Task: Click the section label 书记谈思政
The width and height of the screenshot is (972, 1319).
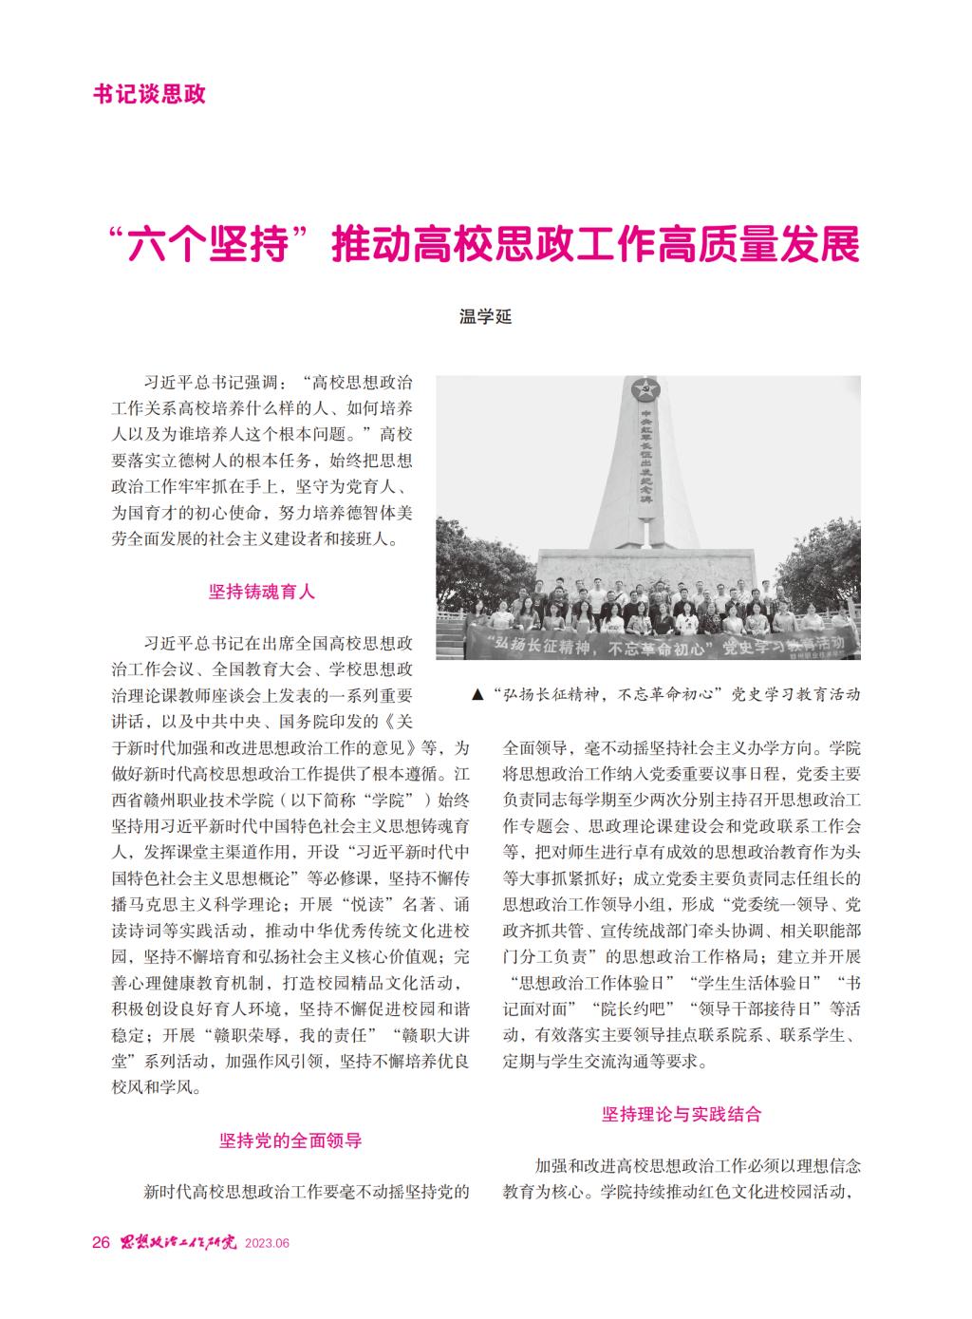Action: pos(150,94)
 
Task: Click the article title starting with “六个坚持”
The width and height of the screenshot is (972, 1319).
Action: pos(485,244)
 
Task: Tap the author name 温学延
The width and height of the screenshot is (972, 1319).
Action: pos(485,317)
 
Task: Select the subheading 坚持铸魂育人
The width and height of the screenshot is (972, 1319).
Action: pos(262,592)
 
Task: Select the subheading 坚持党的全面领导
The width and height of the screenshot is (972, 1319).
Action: pos(290,1140)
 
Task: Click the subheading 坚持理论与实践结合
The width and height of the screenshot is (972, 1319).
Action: pos(682,1114)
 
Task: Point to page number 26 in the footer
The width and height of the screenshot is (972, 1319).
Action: pos(101,1244)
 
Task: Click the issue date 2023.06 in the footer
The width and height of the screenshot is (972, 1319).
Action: pos(266,1245)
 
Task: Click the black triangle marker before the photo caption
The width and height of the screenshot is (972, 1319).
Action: pos(477,695)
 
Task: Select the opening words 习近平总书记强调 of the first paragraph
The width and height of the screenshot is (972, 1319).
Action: pos(207,386)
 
